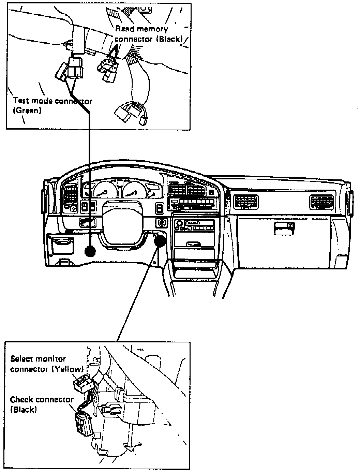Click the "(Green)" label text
click(x=27, y=111)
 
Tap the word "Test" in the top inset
click(x=20, y=101)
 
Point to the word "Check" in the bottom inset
click(x=22, y=399)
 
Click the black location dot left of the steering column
click(x=90, y=251)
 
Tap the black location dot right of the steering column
click(x=159, y=241)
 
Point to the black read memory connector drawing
click(x=108, y=70)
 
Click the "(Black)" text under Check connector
click(x=23, y=410)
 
